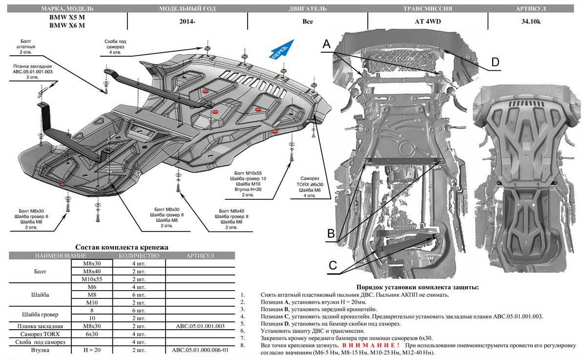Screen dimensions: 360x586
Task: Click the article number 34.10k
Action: click(x=536, y=21)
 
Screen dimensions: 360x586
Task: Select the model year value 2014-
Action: click(x=187, y=21)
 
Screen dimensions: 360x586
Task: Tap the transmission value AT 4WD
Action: click(x=427, y=21)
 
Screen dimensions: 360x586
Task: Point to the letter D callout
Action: click(x=495, y=62)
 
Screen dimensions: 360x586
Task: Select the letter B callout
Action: click(x=331, y=234)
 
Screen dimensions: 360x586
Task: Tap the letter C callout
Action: click(x=333, y=265)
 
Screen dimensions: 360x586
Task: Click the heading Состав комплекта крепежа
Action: click(x=122, y=247)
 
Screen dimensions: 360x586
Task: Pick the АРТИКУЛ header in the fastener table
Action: click(x=200, y=256)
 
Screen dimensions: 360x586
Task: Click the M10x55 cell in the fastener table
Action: click(x=91, y=279)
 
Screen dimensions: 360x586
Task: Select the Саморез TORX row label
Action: click(x=40, y=334)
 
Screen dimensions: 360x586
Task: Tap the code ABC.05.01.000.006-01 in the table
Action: click(x=200, y=350)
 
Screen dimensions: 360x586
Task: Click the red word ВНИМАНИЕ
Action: click(x=372, y=345)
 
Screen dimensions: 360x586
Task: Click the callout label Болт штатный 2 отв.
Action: click(x=28, y=46)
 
